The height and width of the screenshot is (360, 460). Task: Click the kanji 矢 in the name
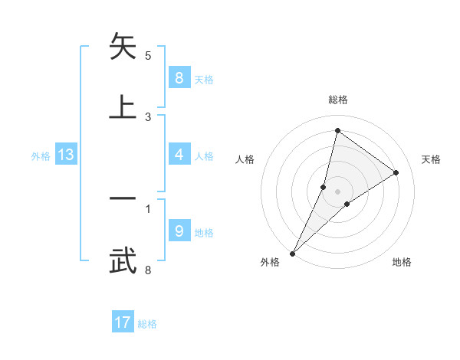pyautogui.click(x=123, y=47)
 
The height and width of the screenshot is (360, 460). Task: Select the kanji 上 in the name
pyautogui.click(x=123, y=107)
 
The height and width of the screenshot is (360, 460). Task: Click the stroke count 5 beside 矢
pyautogui.click(x=148, y=55)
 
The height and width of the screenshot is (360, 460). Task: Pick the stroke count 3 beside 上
pyautogui.click(x=148, y=116)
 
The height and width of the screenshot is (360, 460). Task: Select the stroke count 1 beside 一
pyautogui.click(x=148, y=208)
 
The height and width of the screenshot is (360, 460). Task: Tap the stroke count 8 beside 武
pyautogui.click(x=148, y=270)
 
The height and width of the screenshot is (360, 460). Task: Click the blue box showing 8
pyautogui.click(x=179, y=77)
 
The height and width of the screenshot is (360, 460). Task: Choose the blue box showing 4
pyautogui.click(x=179, y=155)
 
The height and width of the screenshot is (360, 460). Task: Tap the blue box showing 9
pyautogui.click(x=179, y=231)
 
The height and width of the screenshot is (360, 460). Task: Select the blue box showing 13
pyautogui.click(x=66, y=155)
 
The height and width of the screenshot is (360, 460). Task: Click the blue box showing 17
pyautogui.click(x=123, y=322)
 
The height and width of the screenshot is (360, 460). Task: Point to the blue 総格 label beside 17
pyautogui.click(x=147, y=324)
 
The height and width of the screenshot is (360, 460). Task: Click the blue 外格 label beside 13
pyautogui.click(x=41, y=156)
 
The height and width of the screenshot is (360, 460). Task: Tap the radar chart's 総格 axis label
pyautogui.click(x=337, y=100)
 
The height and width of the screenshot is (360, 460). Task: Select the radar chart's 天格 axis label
pyautogui.click(x=432, y=159)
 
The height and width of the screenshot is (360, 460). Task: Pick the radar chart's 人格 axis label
pyautogui.click(x=245, y=159)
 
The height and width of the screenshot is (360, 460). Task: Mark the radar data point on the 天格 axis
pyautogui.click(x=396, y=172)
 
